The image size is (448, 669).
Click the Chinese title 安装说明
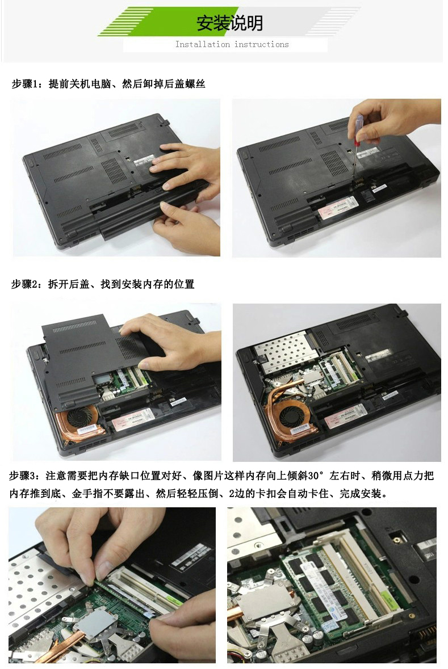pos(229,23)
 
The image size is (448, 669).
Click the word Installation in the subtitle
pos(203,44)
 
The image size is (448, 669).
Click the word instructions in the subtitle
pos(261,44)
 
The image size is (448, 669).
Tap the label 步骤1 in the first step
pos(25,84)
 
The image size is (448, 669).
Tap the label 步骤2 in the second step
pos(25,284)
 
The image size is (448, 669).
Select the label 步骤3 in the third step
pos(22,476)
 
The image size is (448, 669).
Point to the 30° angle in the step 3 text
pos(316,476)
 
